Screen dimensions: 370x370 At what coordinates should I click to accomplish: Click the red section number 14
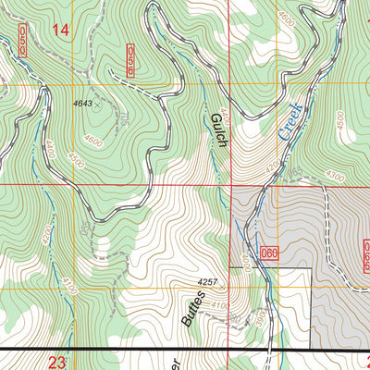click(61, 31)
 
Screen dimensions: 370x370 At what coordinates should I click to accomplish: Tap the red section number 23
click(56, 362)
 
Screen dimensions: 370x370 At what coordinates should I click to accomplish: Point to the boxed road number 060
click(269, 253)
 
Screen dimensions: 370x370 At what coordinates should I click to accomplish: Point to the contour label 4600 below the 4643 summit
click(92, 140)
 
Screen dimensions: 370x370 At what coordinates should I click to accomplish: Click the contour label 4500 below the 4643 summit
click(75, 161)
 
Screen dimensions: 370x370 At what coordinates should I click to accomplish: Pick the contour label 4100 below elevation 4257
click(219, 305)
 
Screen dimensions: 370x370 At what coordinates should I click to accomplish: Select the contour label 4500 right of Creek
click(340, 120)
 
